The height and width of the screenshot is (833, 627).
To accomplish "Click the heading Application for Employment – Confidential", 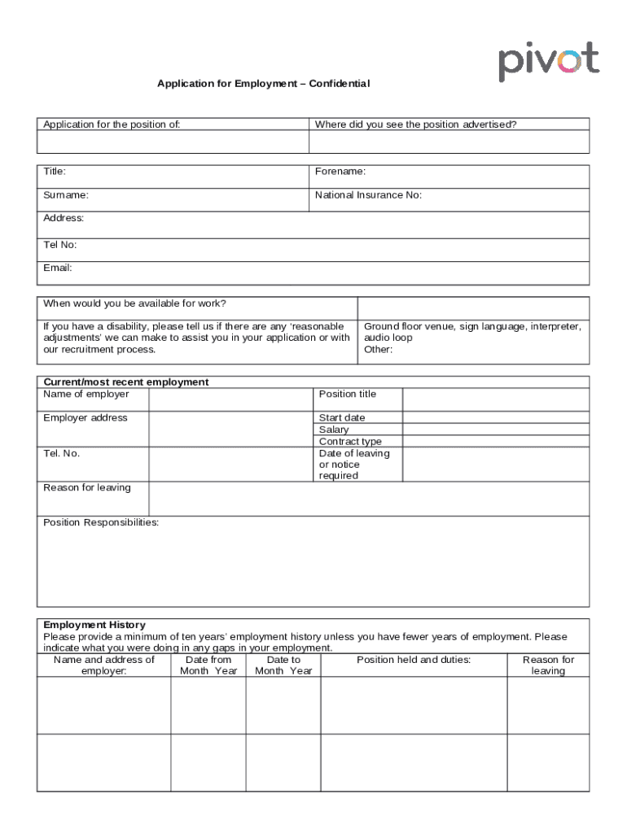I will [x=263, y=84].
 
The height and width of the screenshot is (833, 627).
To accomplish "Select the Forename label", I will [x=340, y=172].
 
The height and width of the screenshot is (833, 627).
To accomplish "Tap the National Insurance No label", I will [x=368, y=195].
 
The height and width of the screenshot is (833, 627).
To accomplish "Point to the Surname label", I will [x=66, y=195].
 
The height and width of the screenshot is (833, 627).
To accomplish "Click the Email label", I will [x=58, y=268].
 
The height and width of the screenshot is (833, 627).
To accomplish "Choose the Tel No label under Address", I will [x=60, y=244].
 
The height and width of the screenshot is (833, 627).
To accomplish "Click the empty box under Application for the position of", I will [x=173, y=142].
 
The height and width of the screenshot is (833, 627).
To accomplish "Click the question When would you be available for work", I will [x=134, y=303].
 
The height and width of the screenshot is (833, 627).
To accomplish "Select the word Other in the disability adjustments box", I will [x=378, y=350].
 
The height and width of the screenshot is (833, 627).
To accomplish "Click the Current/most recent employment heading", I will [x=125, y=382].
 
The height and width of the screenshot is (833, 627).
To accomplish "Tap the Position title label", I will [x=348, y=395].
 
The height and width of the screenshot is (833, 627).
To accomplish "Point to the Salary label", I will [x=334, y=430].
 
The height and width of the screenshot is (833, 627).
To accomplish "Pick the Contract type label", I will [x=350, y=442].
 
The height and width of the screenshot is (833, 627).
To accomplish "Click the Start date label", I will [x=342, y=418].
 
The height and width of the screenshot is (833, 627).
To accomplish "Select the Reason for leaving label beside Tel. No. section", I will [x=86, y=488].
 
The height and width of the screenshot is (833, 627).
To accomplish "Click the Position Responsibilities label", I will [x=101, y=522].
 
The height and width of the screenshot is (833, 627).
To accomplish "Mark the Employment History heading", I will [x=94, y=626].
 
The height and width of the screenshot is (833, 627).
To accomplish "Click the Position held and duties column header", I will [x=414, y=660].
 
